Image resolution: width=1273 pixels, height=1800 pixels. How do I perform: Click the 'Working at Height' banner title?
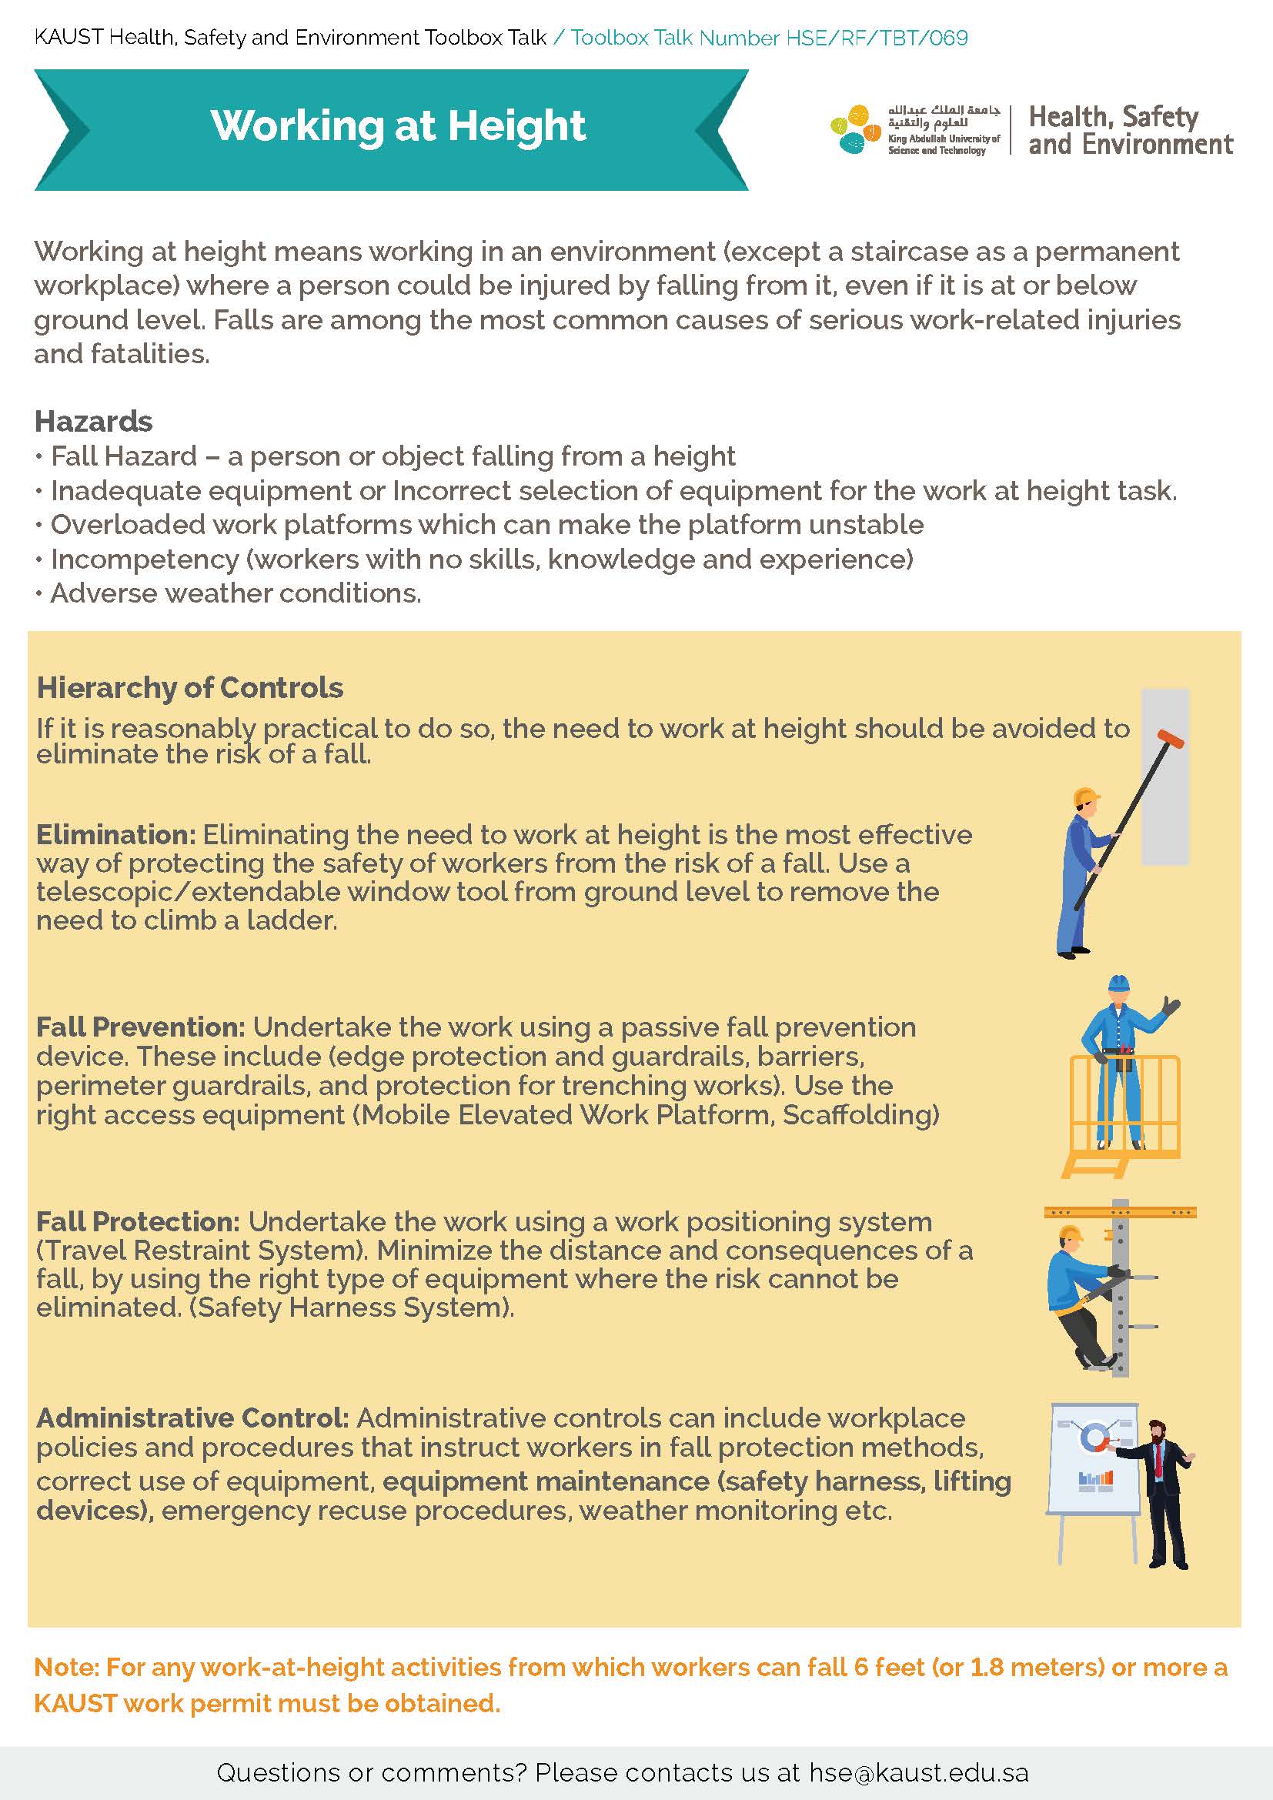pos(397,125)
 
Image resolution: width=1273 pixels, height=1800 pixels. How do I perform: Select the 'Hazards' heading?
pos(93,422)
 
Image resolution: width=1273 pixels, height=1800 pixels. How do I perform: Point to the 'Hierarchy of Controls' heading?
pos(189,687)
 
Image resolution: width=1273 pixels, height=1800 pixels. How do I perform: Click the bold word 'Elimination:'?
pos(116,834)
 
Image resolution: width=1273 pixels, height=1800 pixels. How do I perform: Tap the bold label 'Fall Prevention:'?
pos(141,1027)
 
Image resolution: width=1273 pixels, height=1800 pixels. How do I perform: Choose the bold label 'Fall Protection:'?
pos(138,1221)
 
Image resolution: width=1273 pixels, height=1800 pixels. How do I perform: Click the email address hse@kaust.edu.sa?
pos(919,1772)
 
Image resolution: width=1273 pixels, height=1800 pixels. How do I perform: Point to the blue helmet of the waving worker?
pos(1118,984)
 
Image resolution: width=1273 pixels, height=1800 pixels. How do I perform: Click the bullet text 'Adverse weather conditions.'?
pos(236,593)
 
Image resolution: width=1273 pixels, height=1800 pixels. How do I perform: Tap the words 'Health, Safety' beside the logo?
pos(1113,117)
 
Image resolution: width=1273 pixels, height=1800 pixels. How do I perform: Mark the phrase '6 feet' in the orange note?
pos(890,1668)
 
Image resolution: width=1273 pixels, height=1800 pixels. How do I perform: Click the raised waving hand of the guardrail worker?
pos(1171,1006)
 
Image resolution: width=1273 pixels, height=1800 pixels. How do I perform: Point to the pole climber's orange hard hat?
pos(1070,1234)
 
